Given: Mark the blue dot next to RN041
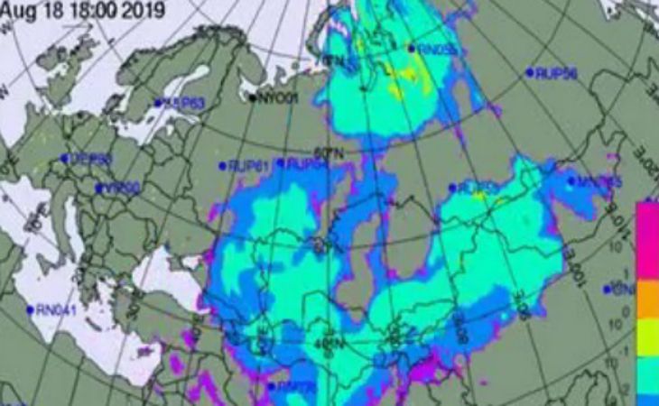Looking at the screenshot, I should tap(31, 309).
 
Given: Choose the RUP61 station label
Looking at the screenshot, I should tap(249, 165).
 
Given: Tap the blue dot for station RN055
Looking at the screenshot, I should tap(411, 49).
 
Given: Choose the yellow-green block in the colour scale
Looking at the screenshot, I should tap(647, 338).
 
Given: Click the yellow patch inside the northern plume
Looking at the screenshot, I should tap(395, 90).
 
